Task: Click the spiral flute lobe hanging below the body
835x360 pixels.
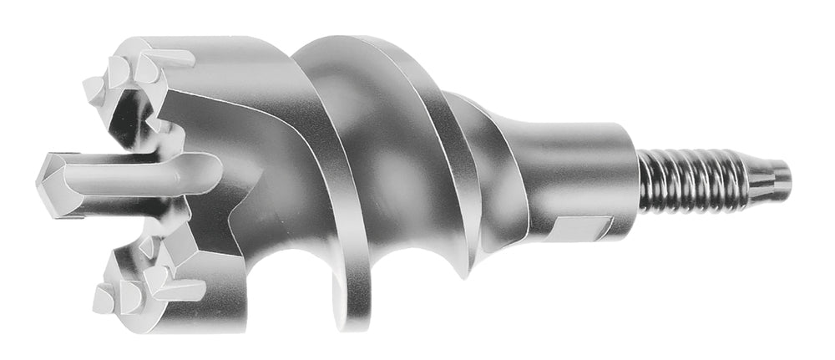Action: tap(351, 301)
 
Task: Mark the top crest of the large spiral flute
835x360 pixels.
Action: tap(351, 46)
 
